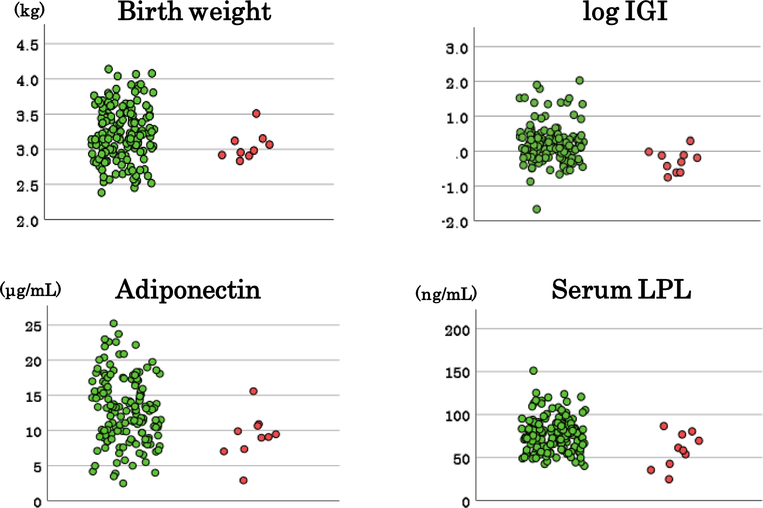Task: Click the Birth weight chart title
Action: coord(194,12)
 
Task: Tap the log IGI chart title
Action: coord(625,12)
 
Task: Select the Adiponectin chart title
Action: coord(188,290)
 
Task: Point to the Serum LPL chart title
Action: coord(621,290)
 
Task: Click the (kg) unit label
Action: coord(29,10)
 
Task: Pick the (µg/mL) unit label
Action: coord(31,290)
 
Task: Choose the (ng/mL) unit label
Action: coord(446,294)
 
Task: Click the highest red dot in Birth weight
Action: coord(256,113)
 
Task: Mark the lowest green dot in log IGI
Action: coord(537,209)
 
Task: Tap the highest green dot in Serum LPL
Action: coord(534,370)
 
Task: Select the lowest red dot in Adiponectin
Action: coord(243,480)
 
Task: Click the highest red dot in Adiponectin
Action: coord(254,391)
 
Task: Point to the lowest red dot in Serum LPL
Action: coord(669,479)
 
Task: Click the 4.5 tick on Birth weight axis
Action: coord(28,45)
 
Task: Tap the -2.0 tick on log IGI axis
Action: coord(455,222)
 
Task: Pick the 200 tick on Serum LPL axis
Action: coord(457,330)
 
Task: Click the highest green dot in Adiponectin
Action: coord(114,323)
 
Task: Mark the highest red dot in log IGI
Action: coord(690,141)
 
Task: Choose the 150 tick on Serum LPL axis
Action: coord(457,372)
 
